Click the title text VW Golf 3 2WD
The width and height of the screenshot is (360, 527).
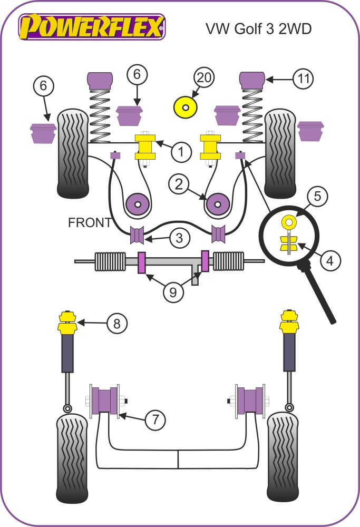[258, 28]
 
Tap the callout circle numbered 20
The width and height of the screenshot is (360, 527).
[205, 78]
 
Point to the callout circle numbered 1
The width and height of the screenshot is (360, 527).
[181, 153]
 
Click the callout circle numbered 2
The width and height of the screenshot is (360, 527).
[179, 184]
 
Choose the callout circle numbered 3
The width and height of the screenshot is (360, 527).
[180, 238]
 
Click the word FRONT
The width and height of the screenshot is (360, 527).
[90, 223]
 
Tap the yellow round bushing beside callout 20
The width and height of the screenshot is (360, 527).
[185, 108]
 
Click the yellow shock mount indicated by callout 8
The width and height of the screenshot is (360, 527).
[67, 322]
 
